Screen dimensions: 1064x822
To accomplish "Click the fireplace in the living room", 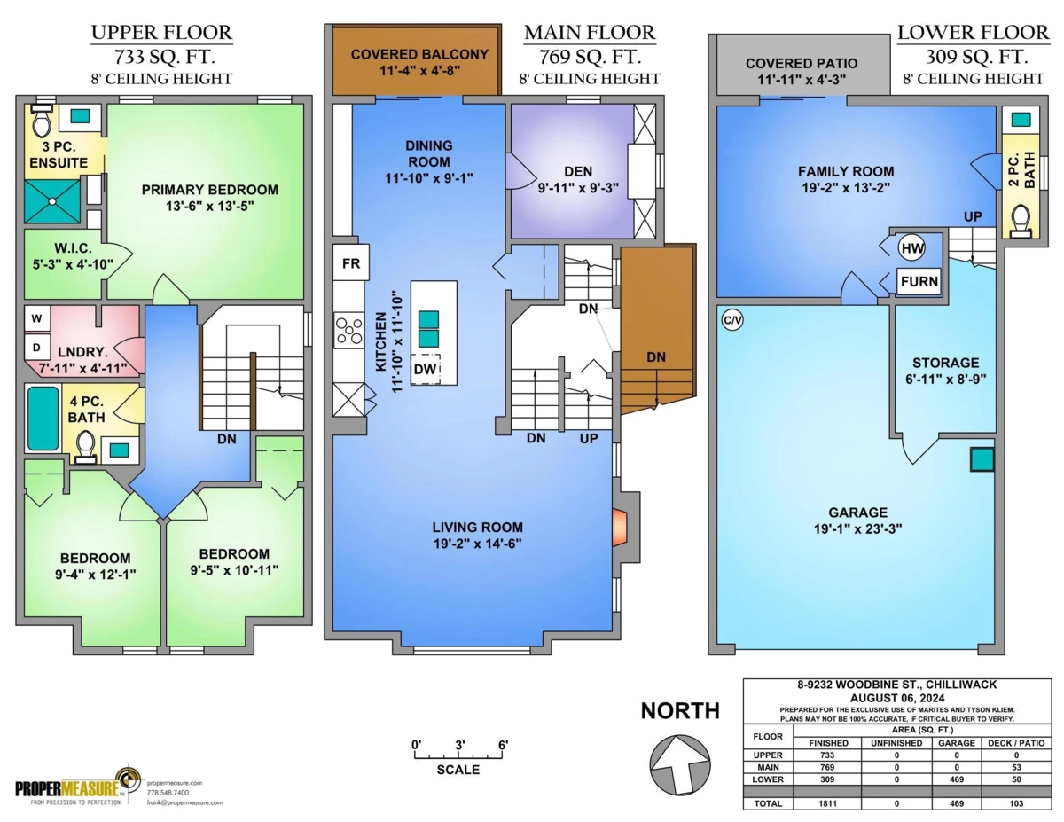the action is click(619, 528).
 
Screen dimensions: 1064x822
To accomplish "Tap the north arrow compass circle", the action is click(679, 764).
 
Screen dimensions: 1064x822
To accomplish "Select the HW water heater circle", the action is click(911, 248).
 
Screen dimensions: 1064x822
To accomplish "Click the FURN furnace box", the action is click(919, 281).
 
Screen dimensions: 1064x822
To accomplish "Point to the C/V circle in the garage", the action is click(732, 321).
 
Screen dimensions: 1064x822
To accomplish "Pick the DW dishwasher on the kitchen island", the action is click(425, 369).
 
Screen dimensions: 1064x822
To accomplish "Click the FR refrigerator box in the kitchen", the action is click(351, 262).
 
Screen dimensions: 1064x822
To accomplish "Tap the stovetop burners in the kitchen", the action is click(348, 331).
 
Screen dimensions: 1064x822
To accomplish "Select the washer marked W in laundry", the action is click(36, 318).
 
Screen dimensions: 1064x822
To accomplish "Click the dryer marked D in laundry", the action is click(36, 348).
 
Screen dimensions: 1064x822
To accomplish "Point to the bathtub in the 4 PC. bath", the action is click(43, 419).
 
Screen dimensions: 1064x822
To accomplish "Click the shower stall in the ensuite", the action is click(52, 200).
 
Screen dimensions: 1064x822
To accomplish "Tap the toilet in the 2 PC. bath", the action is click(1021, 222).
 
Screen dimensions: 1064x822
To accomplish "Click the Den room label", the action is click(578, 171).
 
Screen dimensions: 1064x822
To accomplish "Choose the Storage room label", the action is click(945, 363).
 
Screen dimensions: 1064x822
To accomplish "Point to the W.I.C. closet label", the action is click(74, 248).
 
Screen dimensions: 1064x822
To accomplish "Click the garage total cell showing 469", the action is click(957, 803).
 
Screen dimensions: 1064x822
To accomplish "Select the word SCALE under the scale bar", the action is click(458, 770).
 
